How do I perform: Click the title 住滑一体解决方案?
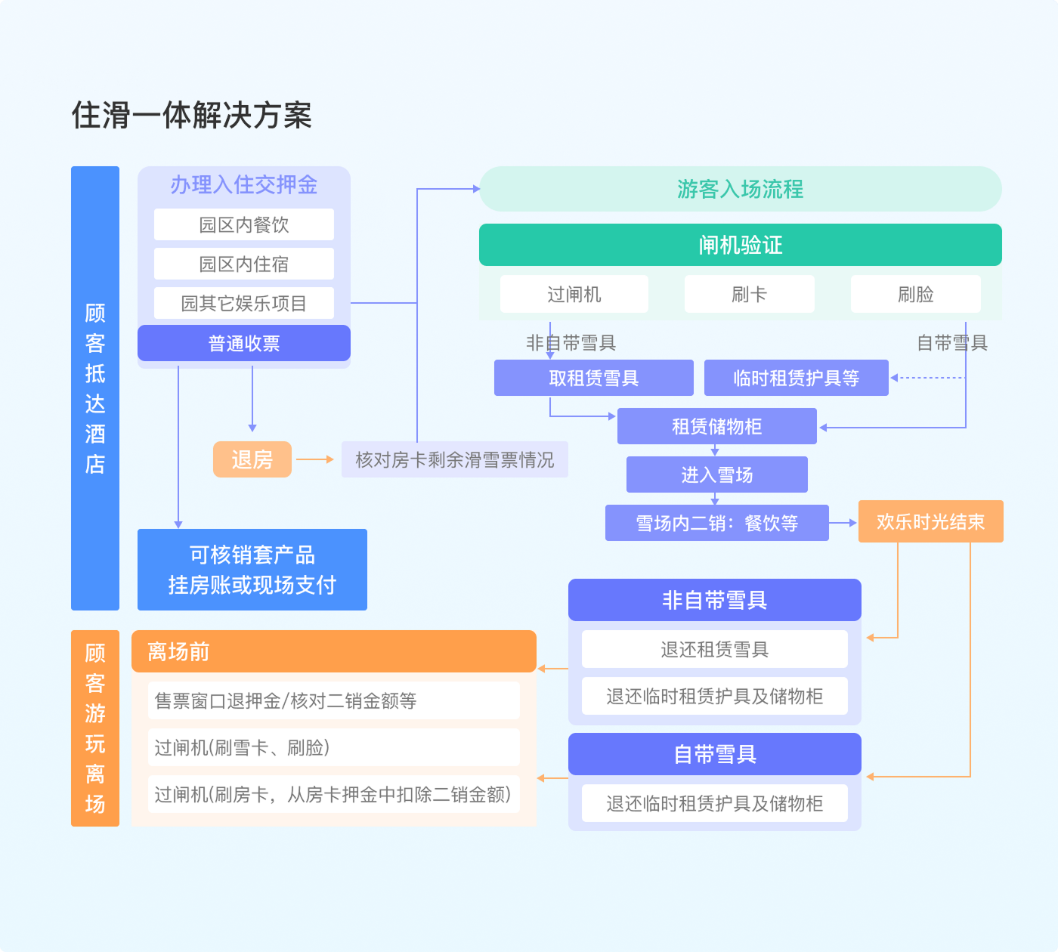[x=192, y=116]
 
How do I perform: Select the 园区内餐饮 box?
[x=243, y=224]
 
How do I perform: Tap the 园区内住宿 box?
[x=243, y=264]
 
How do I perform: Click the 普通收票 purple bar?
[x=243, y=344]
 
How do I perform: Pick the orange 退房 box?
[x=252, y=459]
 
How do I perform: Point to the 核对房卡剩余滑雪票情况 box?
[x=454, y=459]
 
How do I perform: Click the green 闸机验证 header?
[x=740, y=245]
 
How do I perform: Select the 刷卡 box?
[x=749, y=294]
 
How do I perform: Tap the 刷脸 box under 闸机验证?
[x=915, y=294]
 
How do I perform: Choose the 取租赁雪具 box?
[x=593, y=378]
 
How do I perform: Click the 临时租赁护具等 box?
[x=796, y=378]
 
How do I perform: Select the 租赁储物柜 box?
[x=716, y=426]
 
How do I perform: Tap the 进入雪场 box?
[x=716, y=474]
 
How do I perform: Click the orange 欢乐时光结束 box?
[x=930, y=521]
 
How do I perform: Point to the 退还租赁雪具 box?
[x=714, y=649]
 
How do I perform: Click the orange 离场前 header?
[x=333, y=651]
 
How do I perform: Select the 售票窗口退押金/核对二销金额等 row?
[x=333, y=700]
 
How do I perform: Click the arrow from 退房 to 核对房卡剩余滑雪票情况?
[x=315, y=459]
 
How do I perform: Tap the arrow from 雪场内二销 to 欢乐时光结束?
[x=843, y=522]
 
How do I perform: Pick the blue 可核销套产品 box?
[x=252, y=570]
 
